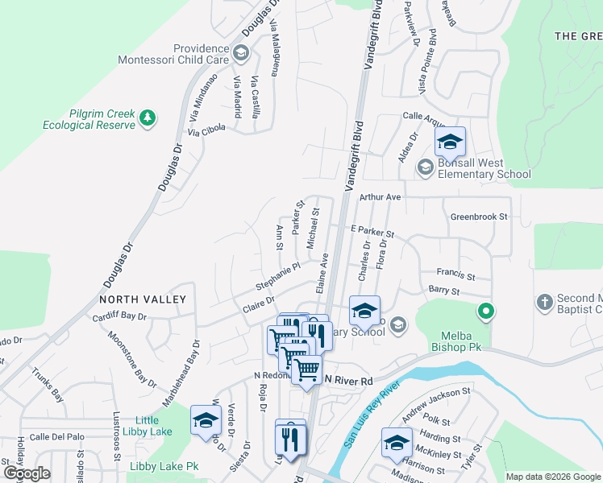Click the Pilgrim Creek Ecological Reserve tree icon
147,119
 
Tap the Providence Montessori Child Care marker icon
240,54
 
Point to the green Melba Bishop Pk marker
485,311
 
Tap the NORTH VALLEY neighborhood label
143,299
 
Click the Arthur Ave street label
381,196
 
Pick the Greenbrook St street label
479,217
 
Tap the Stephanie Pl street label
277,276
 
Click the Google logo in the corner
27,473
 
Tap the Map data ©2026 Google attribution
552,477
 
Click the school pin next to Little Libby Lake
206,421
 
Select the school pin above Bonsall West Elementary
450,143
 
